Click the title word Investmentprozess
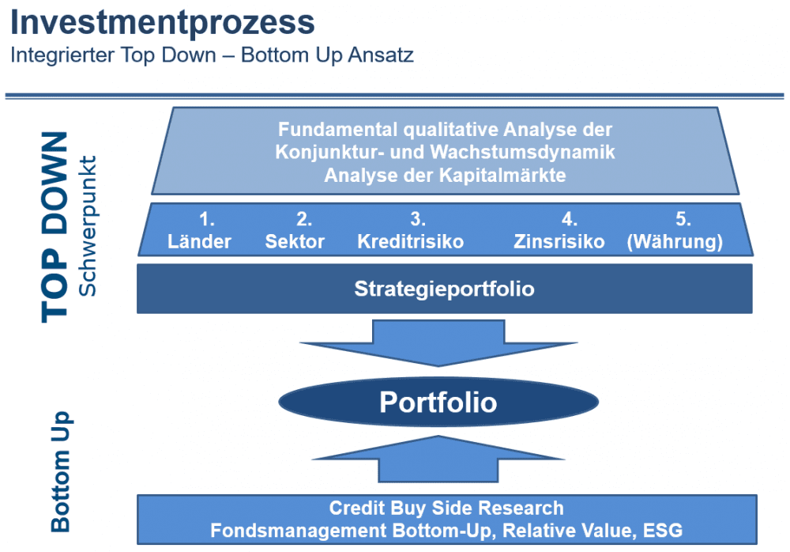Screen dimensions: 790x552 pyautogui.click(x=162, y=23)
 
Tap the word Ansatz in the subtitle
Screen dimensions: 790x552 pyautogui.click(x=381, y=55)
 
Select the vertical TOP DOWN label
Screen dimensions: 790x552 pyautogui.click(x=55, y=227)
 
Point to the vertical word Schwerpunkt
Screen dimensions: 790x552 pyautogui.click(x=88, y=225)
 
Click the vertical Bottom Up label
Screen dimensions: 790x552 pyautogui.click(x=61, y=471)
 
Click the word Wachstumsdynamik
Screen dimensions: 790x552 pyautogui.click(x=522, y=152)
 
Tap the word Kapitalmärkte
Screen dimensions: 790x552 pyautogui.click(x=502, y=175)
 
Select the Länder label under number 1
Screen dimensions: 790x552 pyautogui.click(x=199, y=242)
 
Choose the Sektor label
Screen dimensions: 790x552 pyautogui.click(x=295, y=242)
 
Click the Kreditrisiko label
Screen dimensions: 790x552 pyautogui.click(x=411, y=242)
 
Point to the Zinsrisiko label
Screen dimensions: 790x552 pyautogui.click(x=559, y=242)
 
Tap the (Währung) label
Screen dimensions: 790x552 pyautogui.click(x=675, y=242)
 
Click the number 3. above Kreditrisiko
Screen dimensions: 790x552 pyautogui.click(x=418, y=219)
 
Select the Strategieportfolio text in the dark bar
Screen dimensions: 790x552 pyautogui.click(x=444, y=289)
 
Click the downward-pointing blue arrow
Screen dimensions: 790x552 pyautogui.click(x=438, y=343)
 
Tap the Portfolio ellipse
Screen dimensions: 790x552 pyautogui.click(x=438, y=403)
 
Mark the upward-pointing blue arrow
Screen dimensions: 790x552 pyautogui.click(x=438, y=459)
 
